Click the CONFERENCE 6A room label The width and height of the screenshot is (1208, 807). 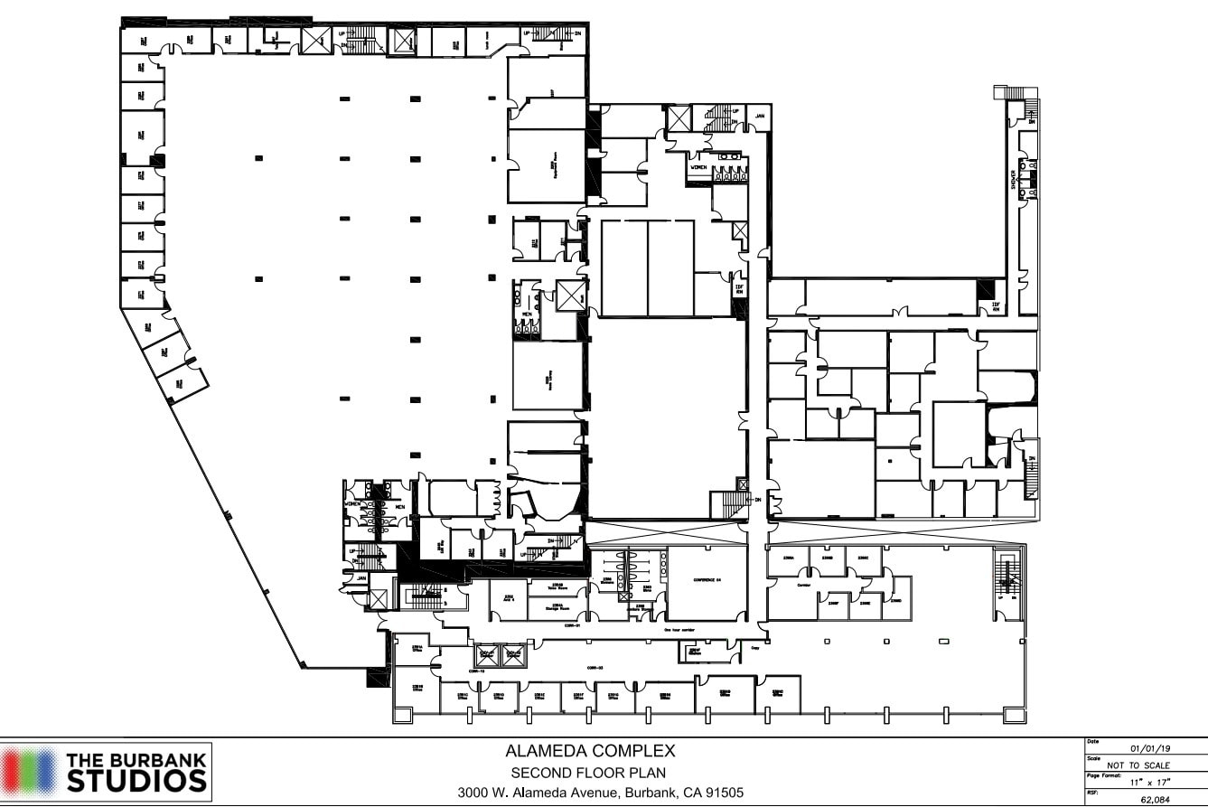(x=708, y=580)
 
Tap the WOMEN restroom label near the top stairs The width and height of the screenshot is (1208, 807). (x=698, y=168)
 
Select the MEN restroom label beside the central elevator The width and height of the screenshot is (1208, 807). (x=525, y=315)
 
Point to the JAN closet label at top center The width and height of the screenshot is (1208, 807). (x=760, y=117)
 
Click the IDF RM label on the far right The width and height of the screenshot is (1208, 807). (x=996, y=306)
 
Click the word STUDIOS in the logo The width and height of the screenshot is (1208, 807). (x=136, y=780)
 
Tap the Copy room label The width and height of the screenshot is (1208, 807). (x=754, y=647)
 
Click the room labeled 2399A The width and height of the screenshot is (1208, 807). (x=787, y=559)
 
